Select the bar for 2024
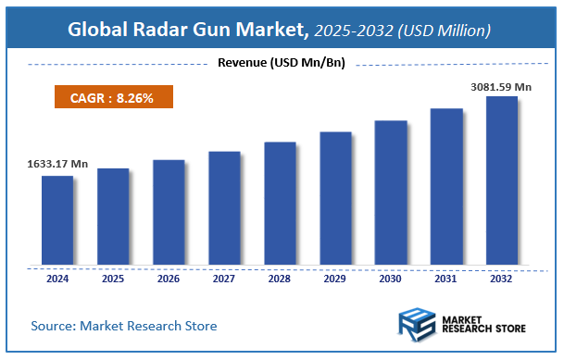click(56, 219)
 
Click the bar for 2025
click(113, 216)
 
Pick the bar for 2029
click(335, 197)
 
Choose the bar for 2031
click(446, 185)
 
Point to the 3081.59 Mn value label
click(501, 86)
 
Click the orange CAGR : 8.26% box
click(110, 96)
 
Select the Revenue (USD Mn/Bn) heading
click(281, 63)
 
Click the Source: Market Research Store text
click(123, 326)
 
